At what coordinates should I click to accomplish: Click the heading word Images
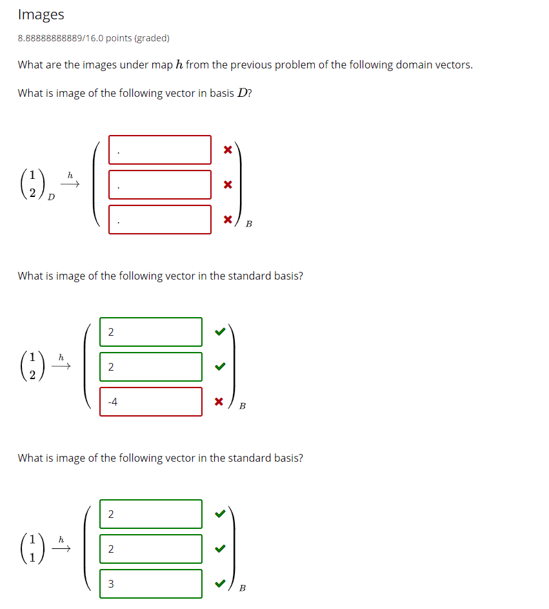pos(41,14)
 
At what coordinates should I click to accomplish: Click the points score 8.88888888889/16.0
pos(61,38)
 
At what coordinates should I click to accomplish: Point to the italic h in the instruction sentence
pos(179,65)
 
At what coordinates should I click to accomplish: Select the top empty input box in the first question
pos(159,150)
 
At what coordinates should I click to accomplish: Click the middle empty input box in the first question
pos(159,185)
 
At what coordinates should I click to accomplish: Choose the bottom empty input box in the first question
pos(159,220)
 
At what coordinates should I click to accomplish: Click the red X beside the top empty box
pos(227,150)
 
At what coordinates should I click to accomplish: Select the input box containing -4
pos(150,402)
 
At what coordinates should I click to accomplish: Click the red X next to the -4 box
pos(219,402)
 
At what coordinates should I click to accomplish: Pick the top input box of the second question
pos(150,332)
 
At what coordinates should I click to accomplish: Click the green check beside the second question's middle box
pos(219,367)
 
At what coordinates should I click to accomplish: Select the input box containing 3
pos(150,584)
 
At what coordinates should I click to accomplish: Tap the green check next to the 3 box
pos(219,584)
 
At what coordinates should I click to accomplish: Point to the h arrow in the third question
pos(61,546)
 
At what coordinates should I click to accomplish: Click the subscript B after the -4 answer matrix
pos(242,406)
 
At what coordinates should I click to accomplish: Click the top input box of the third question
pos(150,514)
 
